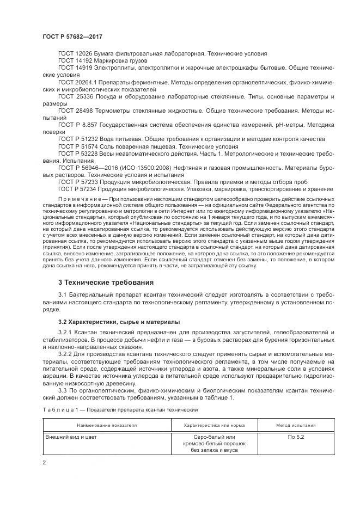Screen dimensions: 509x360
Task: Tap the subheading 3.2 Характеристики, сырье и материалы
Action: click(119, 322)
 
